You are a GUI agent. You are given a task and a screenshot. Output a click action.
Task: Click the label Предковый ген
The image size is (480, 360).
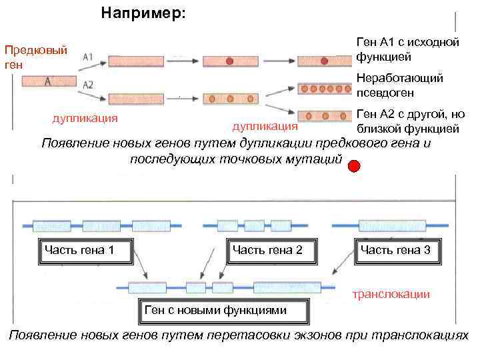pyautogui.click(x=35, y=57)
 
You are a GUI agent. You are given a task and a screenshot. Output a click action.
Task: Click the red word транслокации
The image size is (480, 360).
pyautogui.click(x=391, y=293)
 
